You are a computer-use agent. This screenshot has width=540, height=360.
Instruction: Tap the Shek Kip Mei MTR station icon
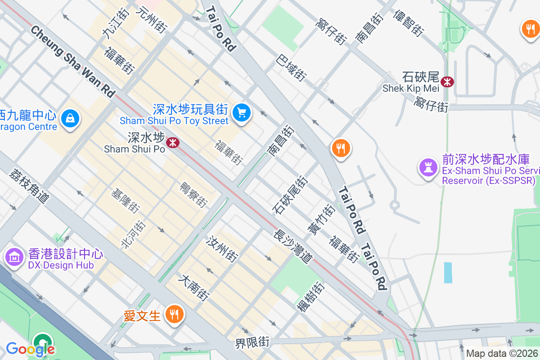pyautogui.click(x=447, y=82)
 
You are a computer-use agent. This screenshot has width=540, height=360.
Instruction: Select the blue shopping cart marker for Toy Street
pyautogui.click(x=242, y=112)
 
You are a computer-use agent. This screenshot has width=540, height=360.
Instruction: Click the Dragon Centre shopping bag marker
pyautogui.click(x=70, y=118)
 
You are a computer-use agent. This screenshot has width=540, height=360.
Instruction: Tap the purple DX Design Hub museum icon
pyautogui.click(x=14, y=257)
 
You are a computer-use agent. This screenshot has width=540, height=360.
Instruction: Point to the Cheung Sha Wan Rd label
pyautogui.click(x=72, y=62)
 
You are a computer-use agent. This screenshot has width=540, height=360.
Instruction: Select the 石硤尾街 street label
pyautogui.click(x=290, y=194)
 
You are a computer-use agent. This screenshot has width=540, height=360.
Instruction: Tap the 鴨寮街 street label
pyautogui.click(x=193, y=195)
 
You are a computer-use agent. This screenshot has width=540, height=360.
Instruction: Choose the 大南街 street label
pyautogui.click(x=194, y=288)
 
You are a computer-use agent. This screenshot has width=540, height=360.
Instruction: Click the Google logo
pyautogui.click(x=30, y=349)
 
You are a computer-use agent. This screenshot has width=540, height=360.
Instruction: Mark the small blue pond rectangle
pyautogui.click(x=448, y=273)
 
